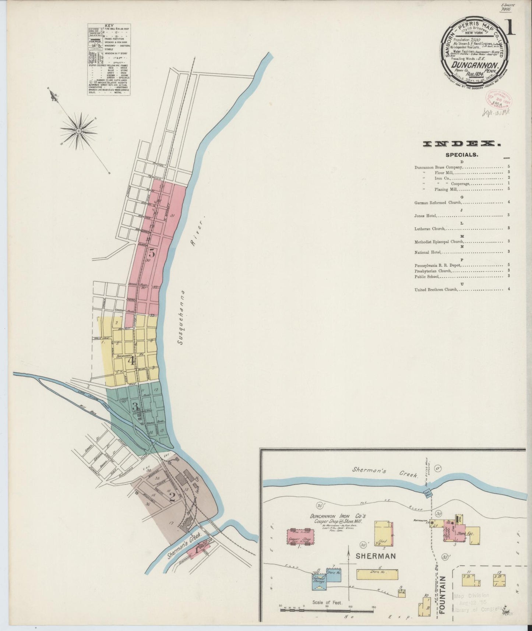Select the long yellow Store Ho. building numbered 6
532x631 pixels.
click(x=377, y=574)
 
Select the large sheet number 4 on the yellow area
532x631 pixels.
click(x=131, y=360)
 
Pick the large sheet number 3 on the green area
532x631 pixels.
click(x=135, y=406)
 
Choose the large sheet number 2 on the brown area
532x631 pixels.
click(x=172, y=497)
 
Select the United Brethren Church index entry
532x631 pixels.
click(x=436, y=289)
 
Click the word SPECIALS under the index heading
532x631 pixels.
click(x=462, y=155)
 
